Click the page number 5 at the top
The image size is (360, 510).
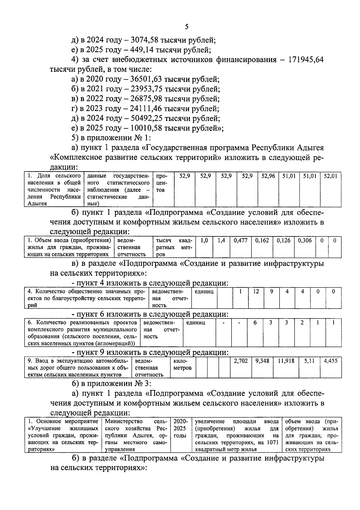click(187, 27)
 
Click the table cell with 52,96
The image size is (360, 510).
click(268, 176)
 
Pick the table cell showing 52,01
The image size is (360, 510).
click(331, 176)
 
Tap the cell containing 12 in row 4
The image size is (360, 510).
click(256, 291)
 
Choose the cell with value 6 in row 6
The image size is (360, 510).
click(255, 322)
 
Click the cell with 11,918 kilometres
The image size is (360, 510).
click(286, 361)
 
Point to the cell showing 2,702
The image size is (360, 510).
click(241, 361)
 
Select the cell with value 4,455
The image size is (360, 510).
click(331, 361)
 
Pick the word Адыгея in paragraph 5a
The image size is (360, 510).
click(310, 148)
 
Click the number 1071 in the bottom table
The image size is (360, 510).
click(272, 442)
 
